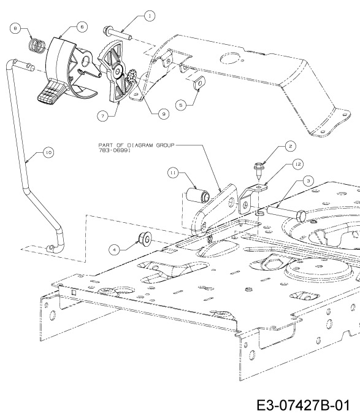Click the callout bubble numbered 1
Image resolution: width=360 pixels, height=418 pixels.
click(x=150, y=16)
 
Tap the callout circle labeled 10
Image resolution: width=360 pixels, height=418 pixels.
click(x=48, y=152)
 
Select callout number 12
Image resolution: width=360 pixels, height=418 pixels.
click(x=297, y=164)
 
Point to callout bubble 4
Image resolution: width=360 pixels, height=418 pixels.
click(x=115, y=250)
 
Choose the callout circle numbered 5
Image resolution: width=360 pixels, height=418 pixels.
click(x=181, y=105)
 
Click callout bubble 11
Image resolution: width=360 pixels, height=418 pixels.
click(x=173, y=172)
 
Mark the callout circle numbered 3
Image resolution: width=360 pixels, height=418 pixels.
click(x=308, y=181)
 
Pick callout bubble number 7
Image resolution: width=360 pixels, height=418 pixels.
click(x=103, y=115)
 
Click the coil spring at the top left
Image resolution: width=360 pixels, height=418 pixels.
click(x=37, y=46)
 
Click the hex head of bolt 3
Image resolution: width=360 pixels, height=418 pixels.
click(x=301, y=215)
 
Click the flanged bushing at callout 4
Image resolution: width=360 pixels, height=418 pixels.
click(x=145, y=238)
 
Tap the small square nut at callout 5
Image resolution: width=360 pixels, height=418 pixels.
click(x=199, y=83)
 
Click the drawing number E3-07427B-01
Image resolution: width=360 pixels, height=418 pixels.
click(x=303, y=406)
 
